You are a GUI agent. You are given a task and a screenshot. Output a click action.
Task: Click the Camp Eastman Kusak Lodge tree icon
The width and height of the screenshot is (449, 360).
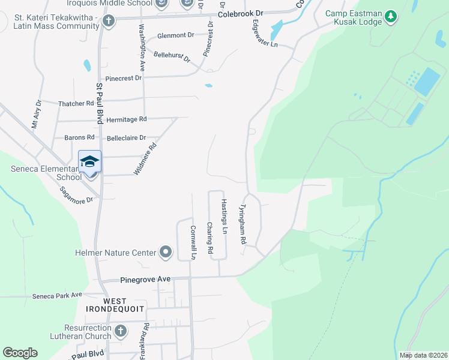tap(391, 16)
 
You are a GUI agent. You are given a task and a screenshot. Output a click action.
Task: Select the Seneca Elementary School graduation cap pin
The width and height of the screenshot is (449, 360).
tap(90, 162)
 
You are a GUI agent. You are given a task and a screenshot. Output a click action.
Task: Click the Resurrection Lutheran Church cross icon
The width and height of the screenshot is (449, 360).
tap(121, 331)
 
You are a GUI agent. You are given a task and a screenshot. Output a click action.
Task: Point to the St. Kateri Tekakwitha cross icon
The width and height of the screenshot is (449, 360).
tap(108, 21)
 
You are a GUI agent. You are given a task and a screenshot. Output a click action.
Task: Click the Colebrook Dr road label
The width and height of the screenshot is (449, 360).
tap(241, 13)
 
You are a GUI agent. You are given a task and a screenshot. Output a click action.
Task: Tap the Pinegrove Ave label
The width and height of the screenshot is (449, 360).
tap(145, 279)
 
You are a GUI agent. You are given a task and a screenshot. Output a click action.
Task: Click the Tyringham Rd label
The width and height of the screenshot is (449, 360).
tap(243, 224)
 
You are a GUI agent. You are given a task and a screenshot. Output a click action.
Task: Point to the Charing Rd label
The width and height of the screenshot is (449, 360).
tap(210, 237)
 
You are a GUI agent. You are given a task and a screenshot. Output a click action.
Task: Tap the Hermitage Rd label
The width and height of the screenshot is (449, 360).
tap(126, 119)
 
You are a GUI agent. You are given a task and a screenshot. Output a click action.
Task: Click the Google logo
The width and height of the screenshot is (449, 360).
tap(20, 353)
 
